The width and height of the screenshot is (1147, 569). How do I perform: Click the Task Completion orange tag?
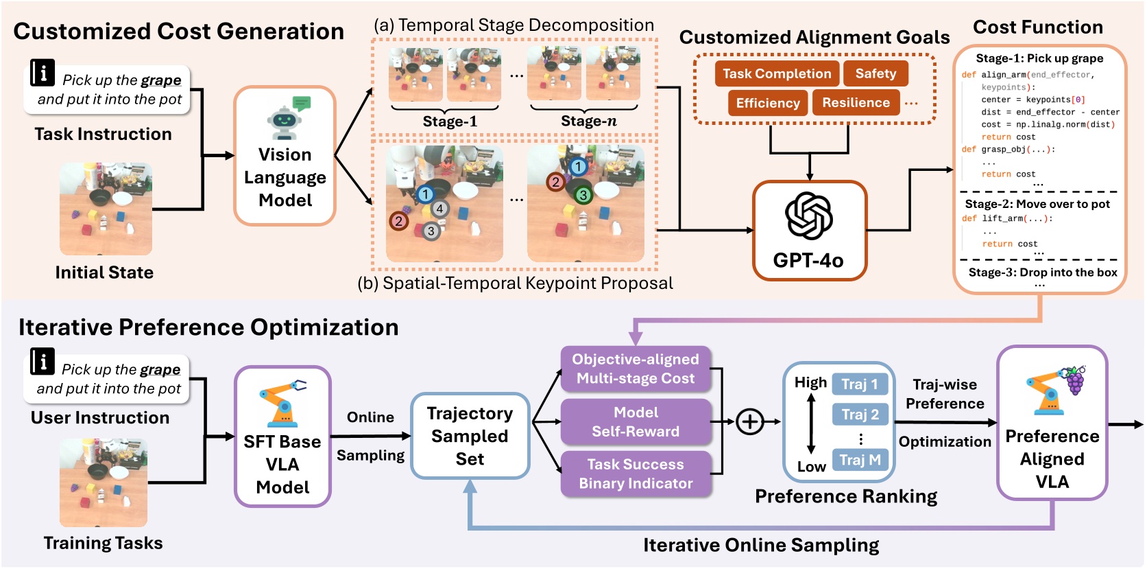tap(777, 73)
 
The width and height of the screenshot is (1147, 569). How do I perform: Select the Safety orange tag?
tap(876, 73)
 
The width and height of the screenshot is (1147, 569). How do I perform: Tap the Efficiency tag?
tap(768, 102)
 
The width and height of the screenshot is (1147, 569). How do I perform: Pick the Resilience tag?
tap(856, 102)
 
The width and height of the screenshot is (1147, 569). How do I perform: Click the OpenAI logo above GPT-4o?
tap(809, 216)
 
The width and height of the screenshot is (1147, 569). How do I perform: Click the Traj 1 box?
tap(860, 384)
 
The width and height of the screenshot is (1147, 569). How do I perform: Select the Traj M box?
tap(860, 460)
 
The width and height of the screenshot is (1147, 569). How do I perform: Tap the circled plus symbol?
tap(749, 422)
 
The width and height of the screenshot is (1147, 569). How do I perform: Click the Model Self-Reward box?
tap(636, 422)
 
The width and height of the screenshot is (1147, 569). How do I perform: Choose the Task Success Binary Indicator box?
tap(636, 474)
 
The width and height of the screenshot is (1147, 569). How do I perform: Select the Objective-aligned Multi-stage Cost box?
tap(636, 369)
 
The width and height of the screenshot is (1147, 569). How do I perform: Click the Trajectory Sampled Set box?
tap(470, 436)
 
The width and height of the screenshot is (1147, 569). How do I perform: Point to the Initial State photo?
tap(106, 209)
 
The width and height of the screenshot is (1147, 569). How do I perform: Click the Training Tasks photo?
tap(104, 483)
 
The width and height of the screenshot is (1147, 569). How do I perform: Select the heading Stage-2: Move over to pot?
tap(1037, 204)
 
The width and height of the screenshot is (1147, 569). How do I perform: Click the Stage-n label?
tap(589, 121)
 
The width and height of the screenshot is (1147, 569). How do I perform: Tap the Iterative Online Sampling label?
tap(761, 545)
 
